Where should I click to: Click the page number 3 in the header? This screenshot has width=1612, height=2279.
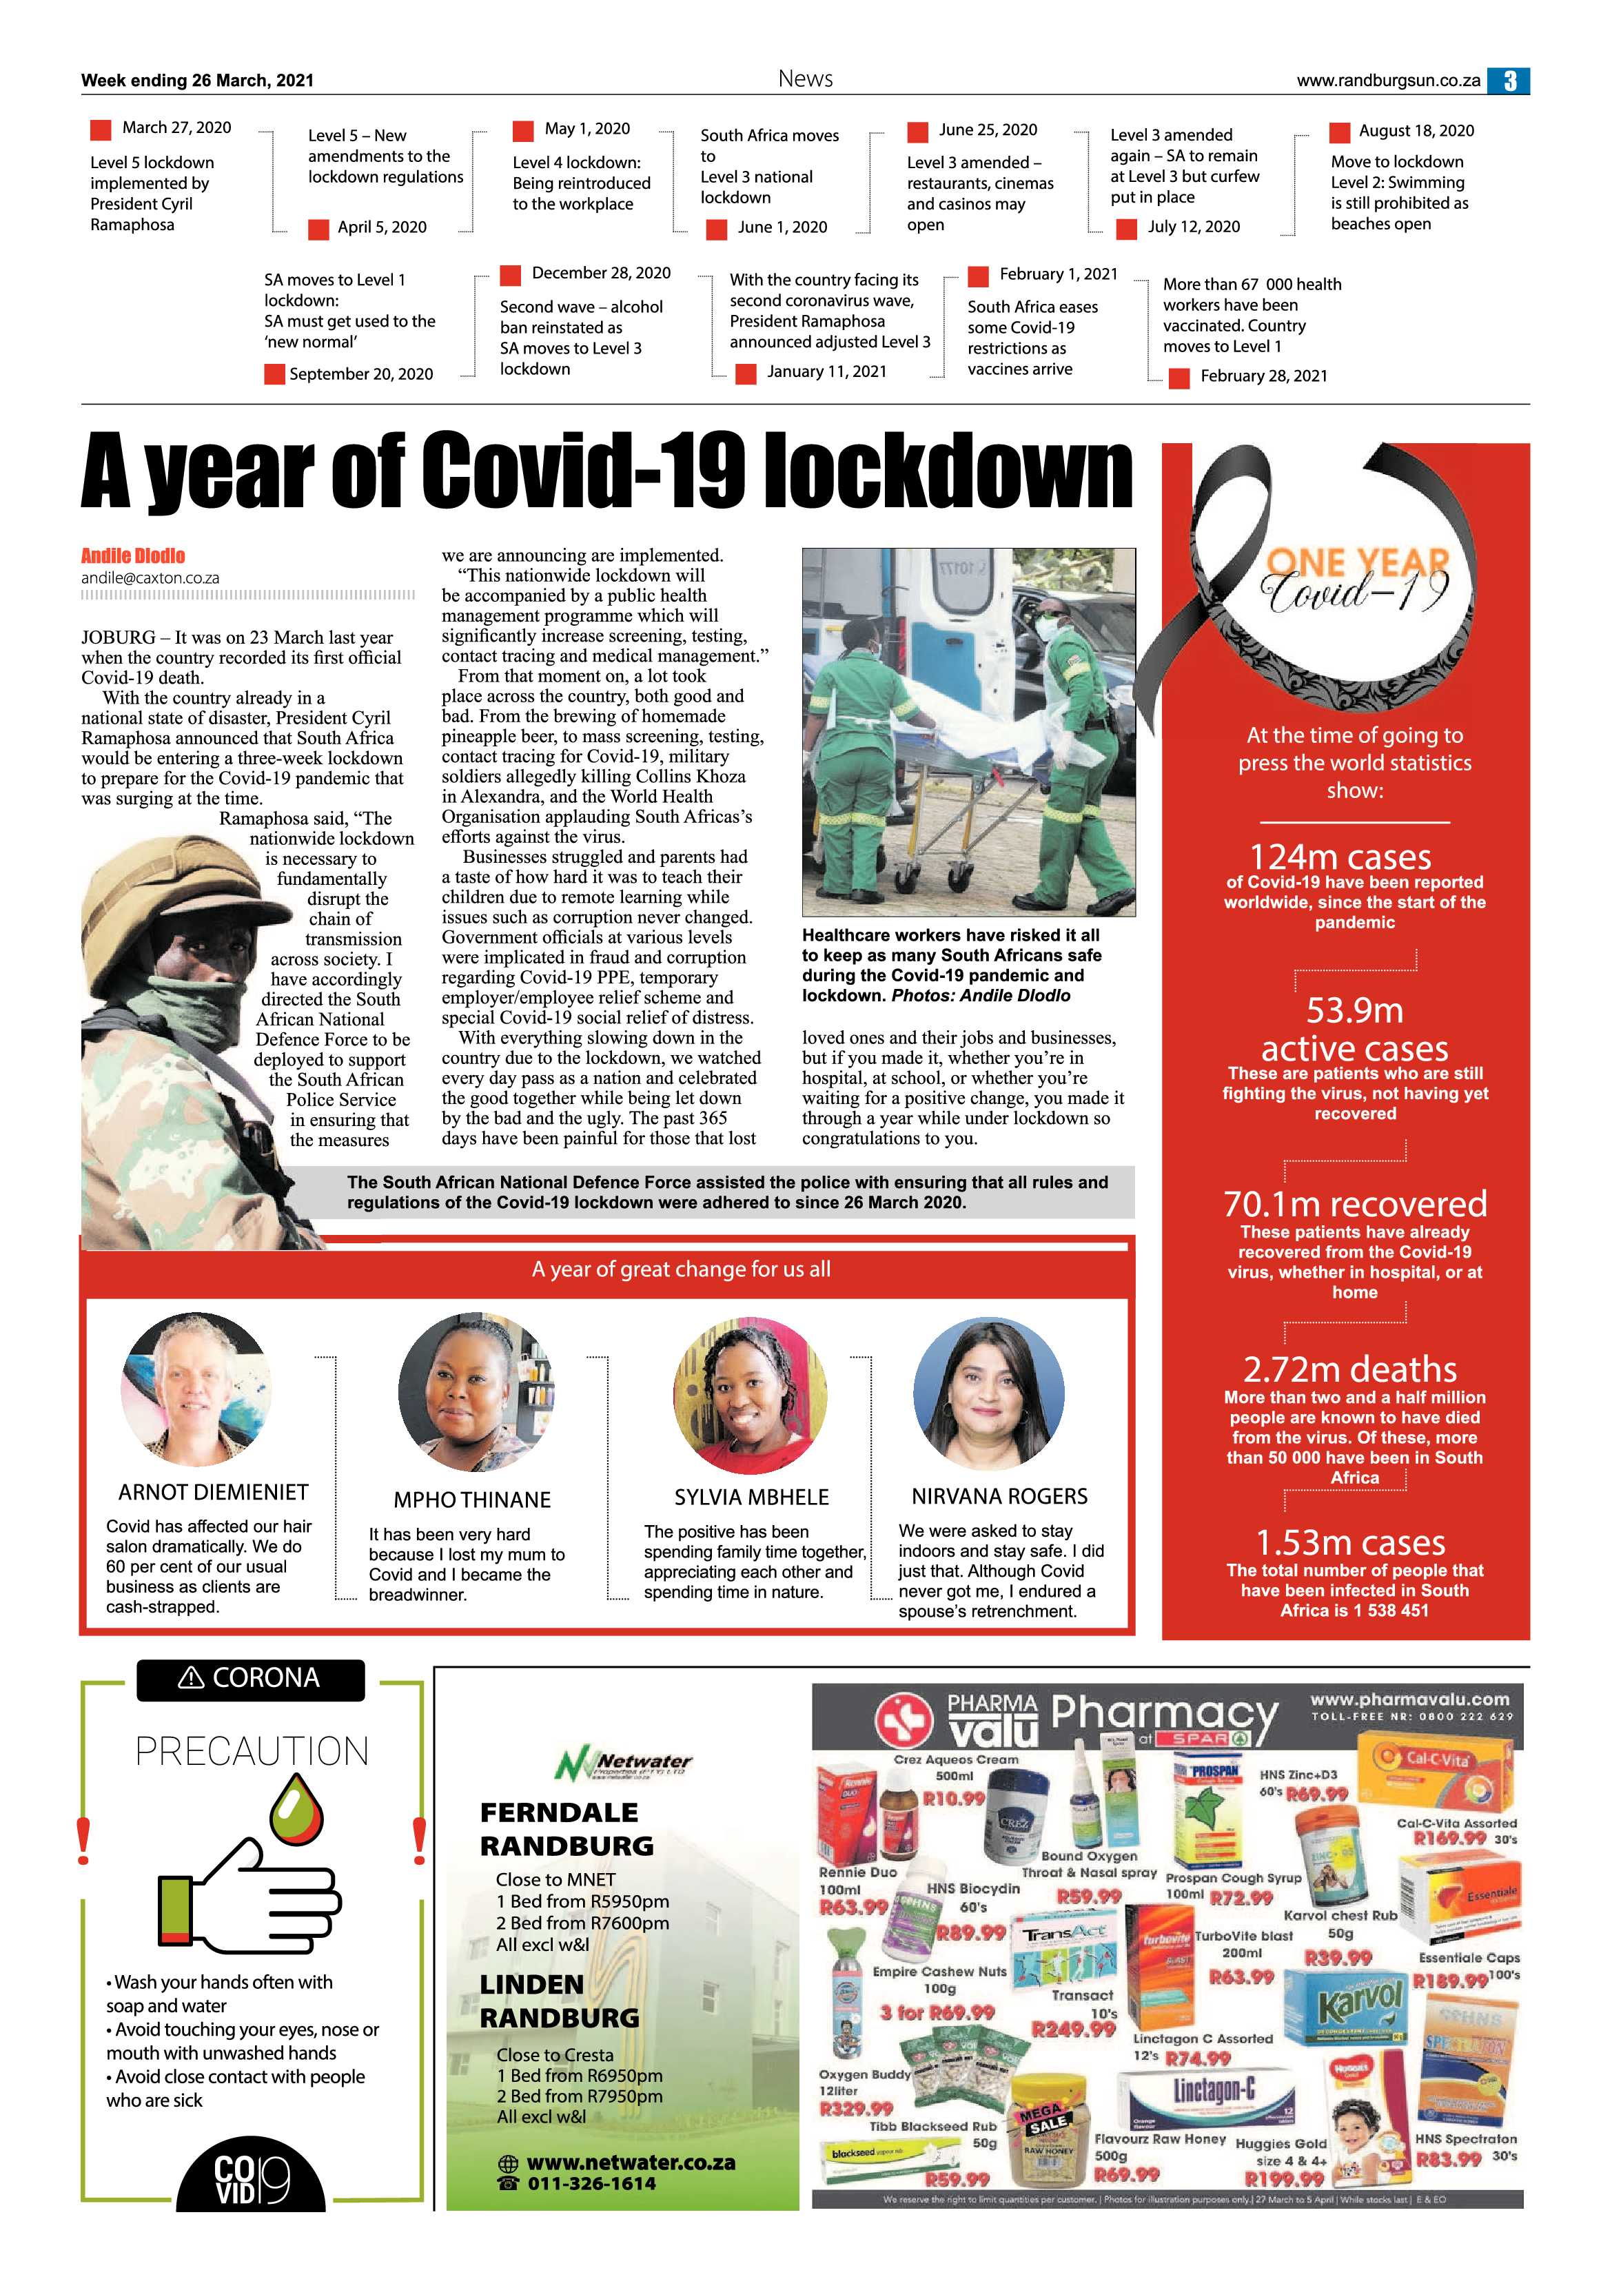coord(1509,81)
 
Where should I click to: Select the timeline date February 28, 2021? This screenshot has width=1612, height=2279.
coord(1263,376)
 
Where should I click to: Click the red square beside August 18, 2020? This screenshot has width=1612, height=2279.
coord(1339,132)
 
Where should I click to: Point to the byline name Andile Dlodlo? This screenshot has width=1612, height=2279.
coord(133,556)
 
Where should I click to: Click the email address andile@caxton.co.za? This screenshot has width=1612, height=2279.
coord(150,578)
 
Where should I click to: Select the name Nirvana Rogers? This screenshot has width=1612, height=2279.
coord(999,1496)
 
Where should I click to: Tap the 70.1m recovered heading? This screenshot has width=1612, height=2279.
coord(1355,1204)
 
